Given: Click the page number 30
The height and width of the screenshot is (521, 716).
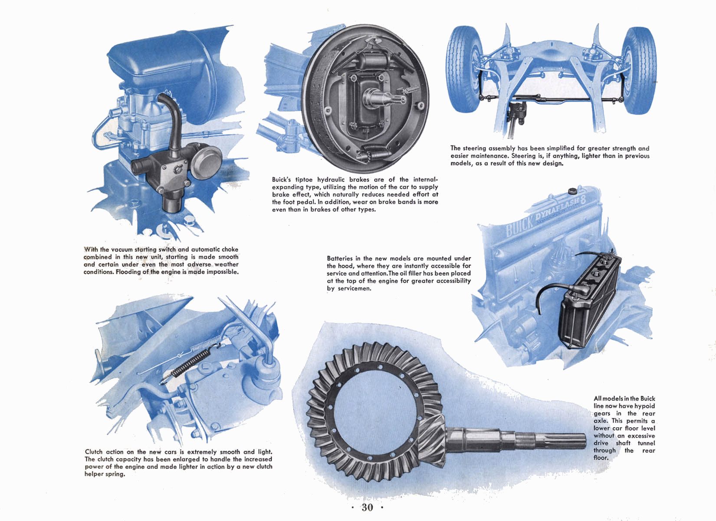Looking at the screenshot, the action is [x=367, y=508].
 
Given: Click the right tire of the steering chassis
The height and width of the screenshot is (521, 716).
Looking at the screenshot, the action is [x=639, y=70].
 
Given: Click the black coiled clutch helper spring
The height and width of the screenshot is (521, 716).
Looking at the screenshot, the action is [x=191, y=364].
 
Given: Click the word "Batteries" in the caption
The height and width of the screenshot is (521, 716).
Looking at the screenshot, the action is [x=340, y=258].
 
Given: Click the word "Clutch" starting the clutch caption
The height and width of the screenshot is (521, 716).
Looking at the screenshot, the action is [x=94, y=452].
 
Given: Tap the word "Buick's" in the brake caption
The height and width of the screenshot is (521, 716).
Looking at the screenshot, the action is [x=282, y=179].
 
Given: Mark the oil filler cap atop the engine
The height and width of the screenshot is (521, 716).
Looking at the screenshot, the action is [x=572, y=191].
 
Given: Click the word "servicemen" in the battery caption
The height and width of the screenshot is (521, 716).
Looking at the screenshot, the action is [x=354, y=288].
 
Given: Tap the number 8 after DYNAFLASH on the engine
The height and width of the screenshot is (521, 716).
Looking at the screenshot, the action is [x=583, y=200].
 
